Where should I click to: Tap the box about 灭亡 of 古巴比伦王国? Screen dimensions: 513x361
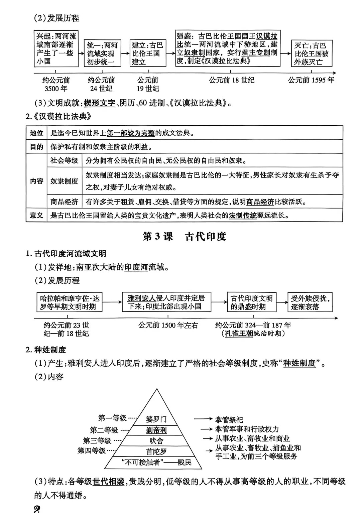coord(311,53)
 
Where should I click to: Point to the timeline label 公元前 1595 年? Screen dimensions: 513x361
coord(311,80)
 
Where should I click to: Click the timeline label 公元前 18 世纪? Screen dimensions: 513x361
coord(232,80)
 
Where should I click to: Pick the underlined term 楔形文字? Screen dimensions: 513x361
coord(99,103)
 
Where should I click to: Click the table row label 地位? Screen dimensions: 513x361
coord(36,133)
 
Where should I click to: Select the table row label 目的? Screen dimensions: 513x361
coord(36,147)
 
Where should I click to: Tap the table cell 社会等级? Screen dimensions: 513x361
coord(64,160)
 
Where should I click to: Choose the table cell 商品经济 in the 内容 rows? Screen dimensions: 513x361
coord(64,202)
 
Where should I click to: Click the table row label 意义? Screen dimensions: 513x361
coord(36,215)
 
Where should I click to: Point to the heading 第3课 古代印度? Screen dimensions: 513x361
coord(185,237)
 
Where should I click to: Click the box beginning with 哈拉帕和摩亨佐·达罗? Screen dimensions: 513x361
coord(70,302)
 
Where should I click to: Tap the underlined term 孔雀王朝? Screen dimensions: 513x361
coord(239,334)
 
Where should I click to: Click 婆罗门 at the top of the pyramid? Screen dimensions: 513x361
coord(156,419)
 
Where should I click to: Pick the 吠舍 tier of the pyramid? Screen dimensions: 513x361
coord(156,441)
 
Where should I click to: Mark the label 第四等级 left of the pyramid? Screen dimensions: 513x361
coord(92,451)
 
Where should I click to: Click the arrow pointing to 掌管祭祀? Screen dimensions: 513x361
coord(203,419)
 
